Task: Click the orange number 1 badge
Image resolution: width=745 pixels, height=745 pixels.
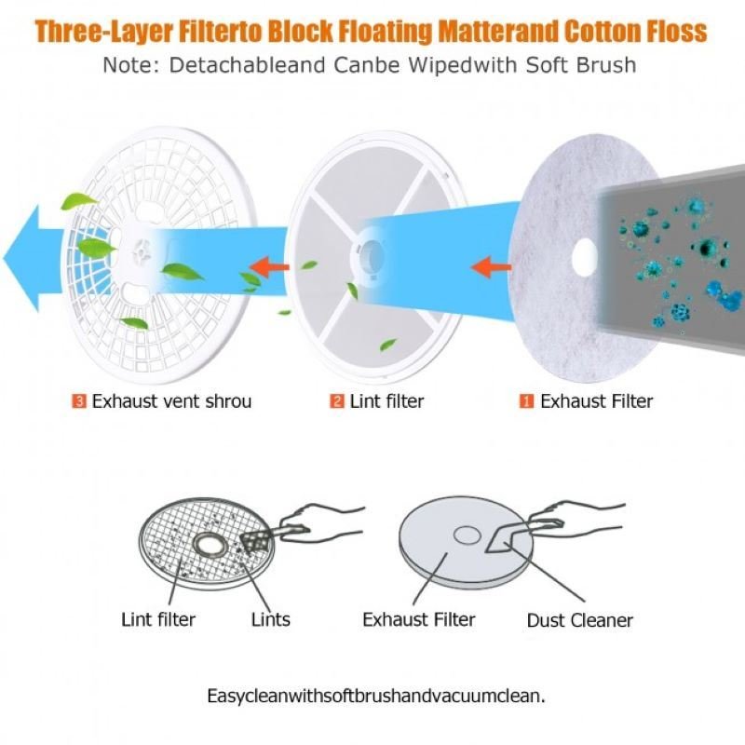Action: pyautogui.click(x=526, y=401)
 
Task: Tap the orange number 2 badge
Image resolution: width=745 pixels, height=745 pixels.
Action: pyautogui.click(x=336, y=401)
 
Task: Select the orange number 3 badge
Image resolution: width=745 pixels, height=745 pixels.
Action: pyautogui.click(x=79, y=401)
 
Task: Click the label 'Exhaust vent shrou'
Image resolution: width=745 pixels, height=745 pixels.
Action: pyautogui.click(x=171, y=401)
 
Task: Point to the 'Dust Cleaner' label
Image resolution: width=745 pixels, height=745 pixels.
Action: pyautogui.click(x=580, y=620)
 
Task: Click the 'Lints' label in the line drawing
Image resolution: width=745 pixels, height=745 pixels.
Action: pyautogui.click(x=271, y=619)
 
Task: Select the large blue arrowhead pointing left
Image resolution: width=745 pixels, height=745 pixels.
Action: pyautogui.click(x=21, y=258)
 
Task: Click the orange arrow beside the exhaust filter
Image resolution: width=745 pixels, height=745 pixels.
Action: pyautogui.click(x=492, y=266)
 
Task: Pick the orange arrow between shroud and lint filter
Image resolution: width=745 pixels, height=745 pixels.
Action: pyautogui.click(x=269, y=267)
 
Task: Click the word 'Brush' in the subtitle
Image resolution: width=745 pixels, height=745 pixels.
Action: pyautogui.click(x=606, y=65)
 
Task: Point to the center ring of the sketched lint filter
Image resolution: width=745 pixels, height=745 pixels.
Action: pyautogui.click(x=208, y=544)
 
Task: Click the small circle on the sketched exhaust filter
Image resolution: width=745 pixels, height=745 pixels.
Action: pyautogui.click(x=467, y=535)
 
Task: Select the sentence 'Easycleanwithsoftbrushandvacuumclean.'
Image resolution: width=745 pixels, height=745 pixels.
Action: pyautogui.click(x=376, y=696)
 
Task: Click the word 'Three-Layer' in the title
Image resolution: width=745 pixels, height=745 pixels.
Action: pyautogui.click(x=103, y=32)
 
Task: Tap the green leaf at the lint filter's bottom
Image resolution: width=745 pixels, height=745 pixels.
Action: pyautogui.click(x=388, y=345)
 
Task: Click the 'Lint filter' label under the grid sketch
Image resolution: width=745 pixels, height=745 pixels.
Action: pyautogui.click(x=158, y=619)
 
